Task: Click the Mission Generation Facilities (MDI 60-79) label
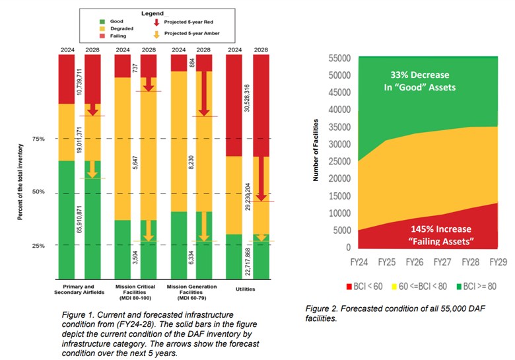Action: (x=191, y=292)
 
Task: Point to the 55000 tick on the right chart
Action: (x=340, y=58)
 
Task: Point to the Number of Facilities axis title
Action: (x=317, y=150)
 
